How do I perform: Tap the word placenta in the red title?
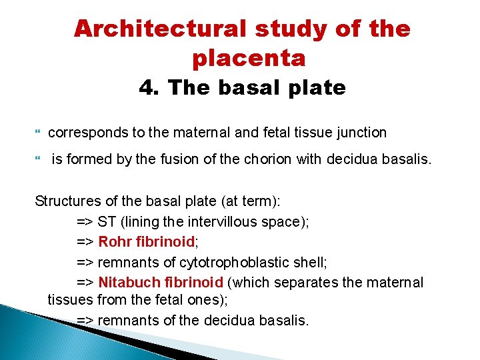coord(249,59)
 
